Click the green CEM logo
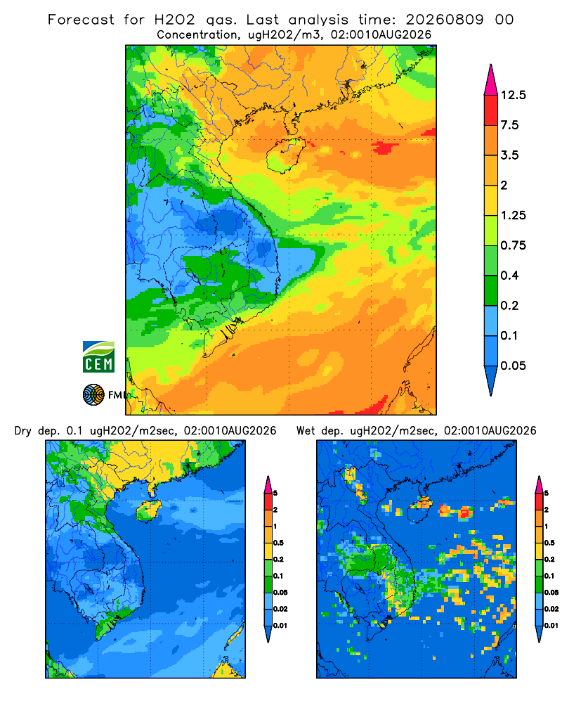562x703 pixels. click(x=98, y=357)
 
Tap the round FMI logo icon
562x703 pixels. click(x=93, y=394)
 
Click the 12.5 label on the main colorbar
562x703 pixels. click(x=513, y=95)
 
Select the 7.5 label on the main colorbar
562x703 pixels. click(x=509, y=125)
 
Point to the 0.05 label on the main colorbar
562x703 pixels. click(x=513, y=366)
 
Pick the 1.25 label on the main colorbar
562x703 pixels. click(x=513, y=215)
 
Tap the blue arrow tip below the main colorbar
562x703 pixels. click(x=491, y=394)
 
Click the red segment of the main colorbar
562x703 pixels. click(x=491, y=110)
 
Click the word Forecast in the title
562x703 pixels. click(x=81, y=20)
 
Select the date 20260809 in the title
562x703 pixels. click(x=445, y=20)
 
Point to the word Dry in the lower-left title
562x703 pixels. click(x=23, y=432)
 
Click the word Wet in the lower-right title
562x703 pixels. click(x=306, y=431)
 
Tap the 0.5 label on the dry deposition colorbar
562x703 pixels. click(x=278, y=543)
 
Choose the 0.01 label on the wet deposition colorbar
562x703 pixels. click(x=551, y=626)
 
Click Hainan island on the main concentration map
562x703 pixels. click(x=285, y=155)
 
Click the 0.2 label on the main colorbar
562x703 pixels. click(x=509, y=305)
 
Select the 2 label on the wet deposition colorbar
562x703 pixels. click(x=547, y=510)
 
